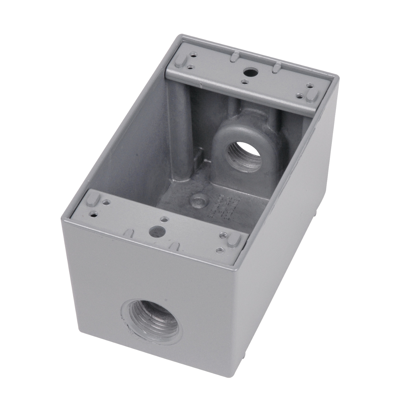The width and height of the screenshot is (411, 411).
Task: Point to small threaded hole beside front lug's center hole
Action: (x=164, y=219)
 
